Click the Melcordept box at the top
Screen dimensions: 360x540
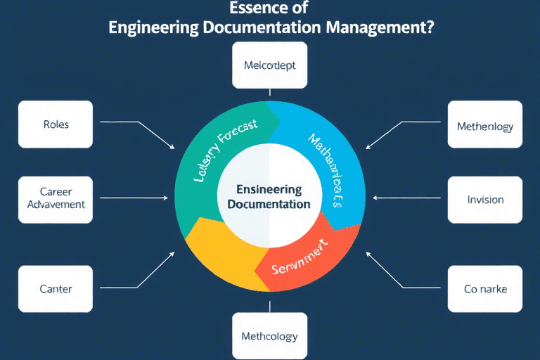tap(269, 65)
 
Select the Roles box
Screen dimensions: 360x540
tap(56, 124)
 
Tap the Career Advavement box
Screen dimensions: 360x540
tap(56, 198)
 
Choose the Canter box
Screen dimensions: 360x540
tap(56, 288)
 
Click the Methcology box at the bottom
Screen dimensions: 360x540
tap(269, 336)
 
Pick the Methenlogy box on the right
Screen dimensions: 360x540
tap(484, 127)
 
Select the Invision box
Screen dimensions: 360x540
tap(485, 199)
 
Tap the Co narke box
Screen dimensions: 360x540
tap(485, 288)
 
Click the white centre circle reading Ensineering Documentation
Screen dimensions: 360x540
tap(269, 197)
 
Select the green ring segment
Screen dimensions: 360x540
tap(211, 162)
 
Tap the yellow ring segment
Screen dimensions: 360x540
tap(218, 253)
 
